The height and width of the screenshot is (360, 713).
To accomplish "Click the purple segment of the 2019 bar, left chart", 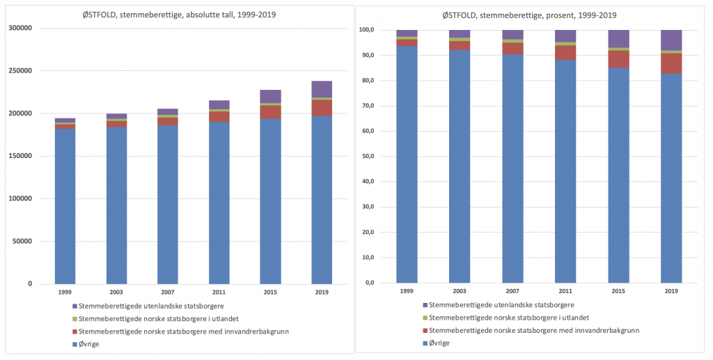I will tap(322, 88).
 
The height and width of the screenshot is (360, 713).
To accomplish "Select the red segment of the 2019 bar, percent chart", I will tap(671, 63).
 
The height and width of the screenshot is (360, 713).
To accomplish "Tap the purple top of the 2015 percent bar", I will tap(618, 38).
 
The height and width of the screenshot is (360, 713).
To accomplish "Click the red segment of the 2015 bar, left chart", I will tap(270, 111).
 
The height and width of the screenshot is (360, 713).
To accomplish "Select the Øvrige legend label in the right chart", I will tap(439, 343).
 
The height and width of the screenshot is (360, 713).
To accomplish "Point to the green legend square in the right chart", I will tap(424, 318).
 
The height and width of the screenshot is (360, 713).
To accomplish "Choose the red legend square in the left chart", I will tap(75, 331).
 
